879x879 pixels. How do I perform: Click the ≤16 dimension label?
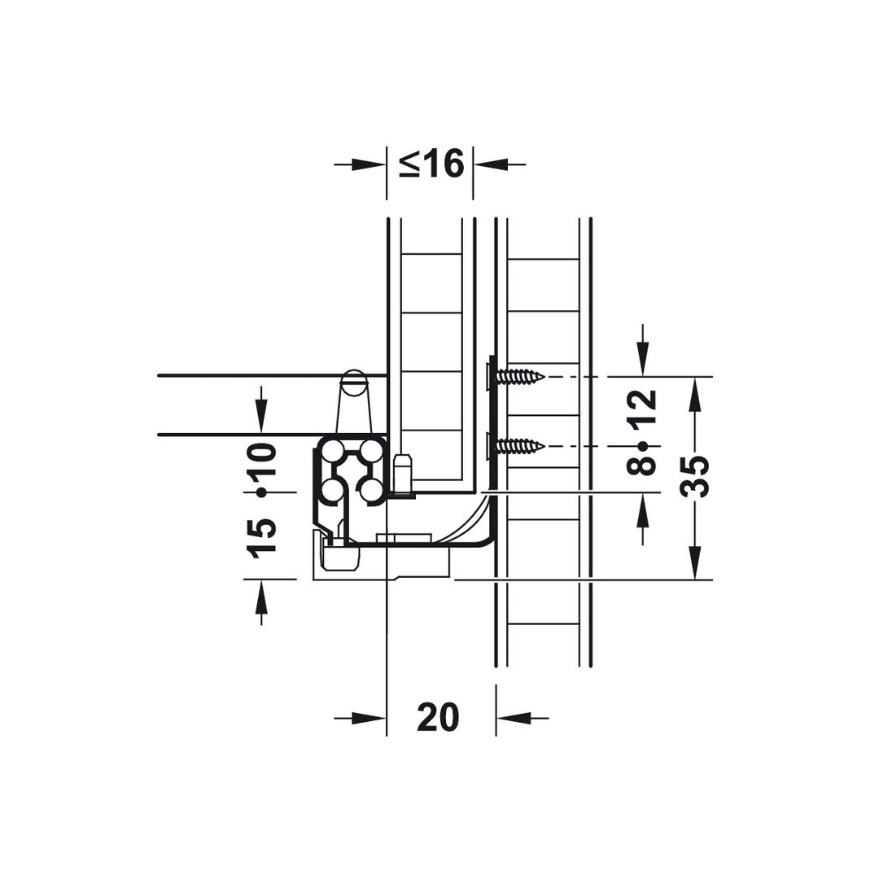pos(431,164)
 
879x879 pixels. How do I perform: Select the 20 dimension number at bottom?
pos(438,718)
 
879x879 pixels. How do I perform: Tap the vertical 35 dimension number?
pos(694,476)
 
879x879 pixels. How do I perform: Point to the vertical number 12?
pos(642,409)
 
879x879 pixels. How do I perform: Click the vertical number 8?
pos(642,466)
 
